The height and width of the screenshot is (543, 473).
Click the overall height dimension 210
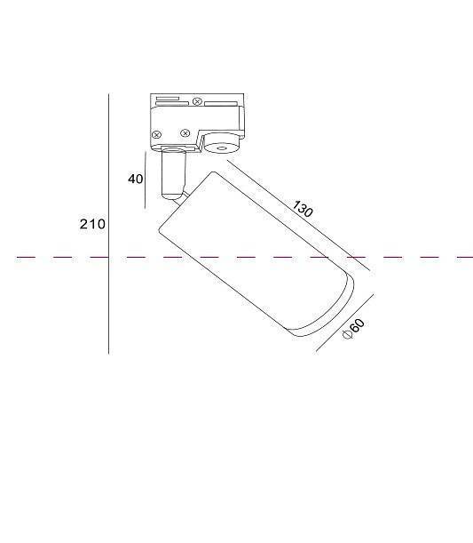tap(91, 224)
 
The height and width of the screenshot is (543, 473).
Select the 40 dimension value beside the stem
tap(135, 179)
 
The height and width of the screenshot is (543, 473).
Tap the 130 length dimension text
tap(303, 210)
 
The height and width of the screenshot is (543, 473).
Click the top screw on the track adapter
tap(196, 102)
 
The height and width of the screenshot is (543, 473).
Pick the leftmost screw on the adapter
tap(156, 134)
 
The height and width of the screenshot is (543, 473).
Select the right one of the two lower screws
tap(185, 134)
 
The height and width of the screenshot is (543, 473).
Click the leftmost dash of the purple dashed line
tap(24, 258)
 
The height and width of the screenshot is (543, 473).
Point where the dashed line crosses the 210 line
tap(108, 258)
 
